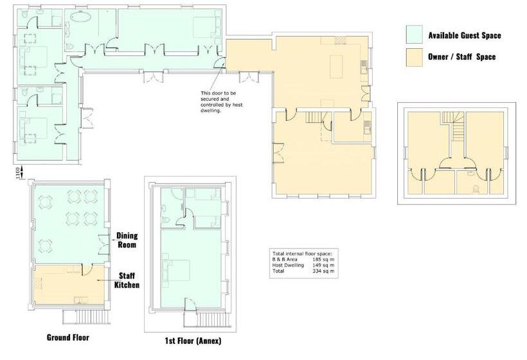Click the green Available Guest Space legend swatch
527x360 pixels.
[414, 34]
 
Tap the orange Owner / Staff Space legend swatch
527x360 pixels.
[414, 57]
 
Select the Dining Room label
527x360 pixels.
[127, 240]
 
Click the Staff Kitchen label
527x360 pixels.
[127, 280]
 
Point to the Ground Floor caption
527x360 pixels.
[68, 337]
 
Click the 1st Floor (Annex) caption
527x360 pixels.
[193, 341]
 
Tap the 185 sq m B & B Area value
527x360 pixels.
[323, 260]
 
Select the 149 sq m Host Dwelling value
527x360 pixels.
[323, 265]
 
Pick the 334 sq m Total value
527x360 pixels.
[323, 271]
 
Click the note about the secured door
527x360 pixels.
[221, 102]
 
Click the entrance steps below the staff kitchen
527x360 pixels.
[86, 316]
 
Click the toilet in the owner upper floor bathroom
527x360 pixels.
[476, 190]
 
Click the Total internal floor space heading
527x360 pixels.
[302, 254]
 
